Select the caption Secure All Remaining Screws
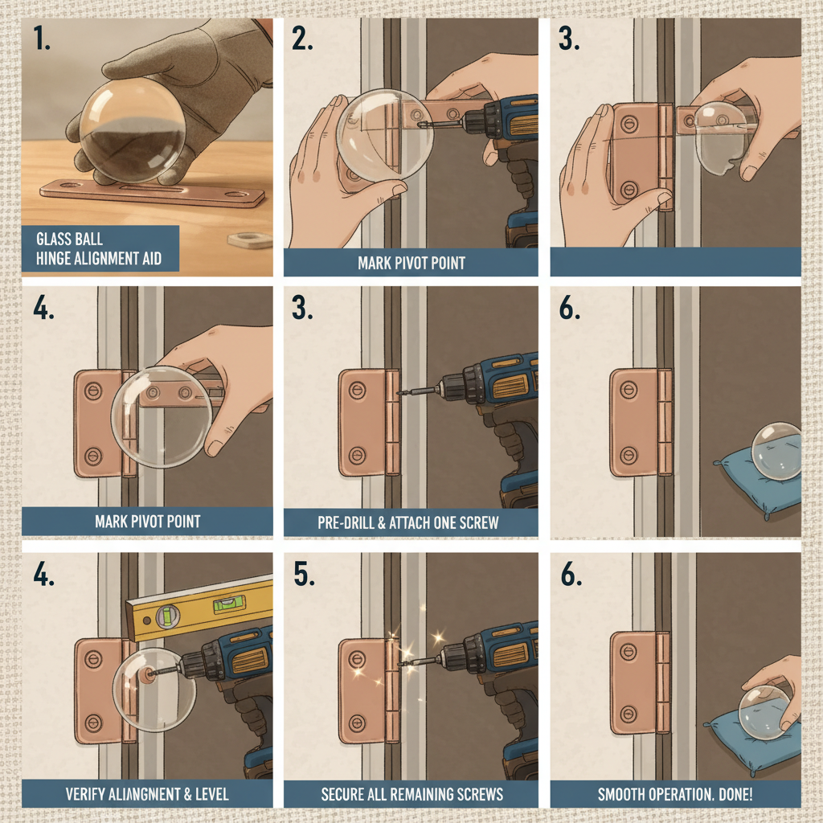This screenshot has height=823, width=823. tap(411, 794)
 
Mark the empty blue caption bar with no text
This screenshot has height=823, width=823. tap(675, 261)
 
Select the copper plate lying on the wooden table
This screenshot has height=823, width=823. tap(153, 193)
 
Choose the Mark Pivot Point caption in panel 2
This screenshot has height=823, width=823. tap(411, 262)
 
